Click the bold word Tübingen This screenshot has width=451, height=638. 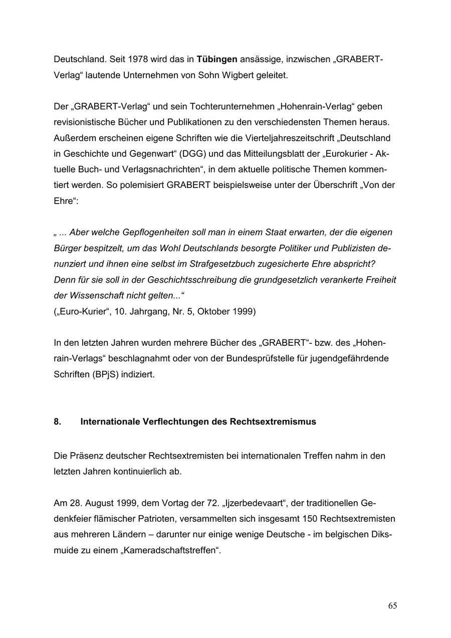pyautogui.click(x=217, y=59)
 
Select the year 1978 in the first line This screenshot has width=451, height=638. pyautogui.click(x=138, y=59)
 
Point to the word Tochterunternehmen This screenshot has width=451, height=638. pyautogui.click(x=225, y=106)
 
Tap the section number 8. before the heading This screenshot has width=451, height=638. pyautogui.click(x=58, y=421)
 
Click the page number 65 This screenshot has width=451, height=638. pyautogui.click(x=392, y=606)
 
